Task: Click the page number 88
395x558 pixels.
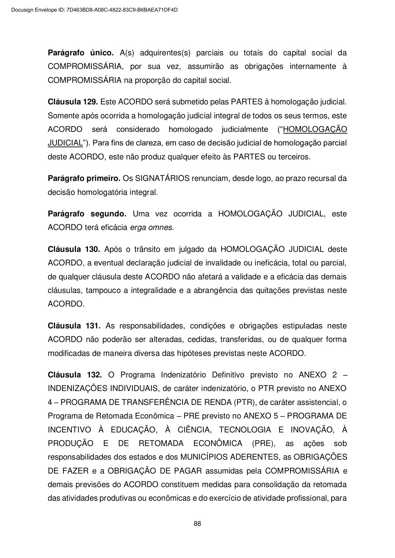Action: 197,524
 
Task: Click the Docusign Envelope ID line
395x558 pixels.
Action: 95,10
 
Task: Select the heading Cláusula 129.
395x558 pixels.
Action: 73,102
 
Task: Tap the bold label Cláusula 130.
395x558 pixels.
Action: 74,249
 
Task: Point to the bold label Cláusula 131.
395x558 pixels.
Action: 74,326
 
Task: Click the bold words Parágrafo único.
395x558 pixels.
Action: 81,53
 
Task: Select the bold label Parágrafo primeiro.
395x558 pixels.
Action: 84,178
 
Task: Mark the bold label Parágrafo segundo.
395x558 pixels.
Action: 87,214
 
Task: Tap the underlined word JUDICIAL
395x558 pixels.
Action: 65,143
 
